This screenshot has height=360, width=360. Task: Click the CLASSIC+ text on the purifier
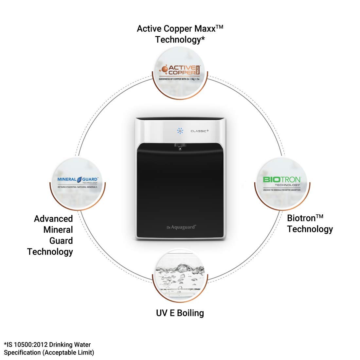pos(200,131)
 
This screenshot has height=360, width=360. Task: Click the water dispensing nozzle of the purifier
pos(180,147)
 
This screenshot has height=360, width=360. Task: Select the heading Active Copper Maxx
pos(180,28)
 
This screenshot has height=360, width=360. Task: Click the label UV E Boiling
pos(180,313)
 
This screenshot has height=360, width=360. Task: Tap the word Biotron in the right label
pos(301,218)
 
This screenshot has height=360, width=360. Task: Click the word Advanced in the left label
pos(53,219)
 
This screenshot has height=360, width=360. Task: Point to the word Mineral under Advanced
pos(58,229)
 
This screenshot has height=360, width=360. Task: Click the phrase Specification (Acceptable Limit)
pos(49,352)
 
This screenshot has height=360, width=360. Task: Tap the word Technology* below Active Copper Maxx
pos(180,40)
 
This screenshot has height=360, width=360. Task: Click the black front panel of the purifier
pos(180,187)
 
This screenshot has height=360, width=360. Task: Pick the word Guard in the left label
pos(61,241)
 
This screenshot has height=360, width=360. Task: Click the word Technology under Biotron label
pos(310,229)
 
